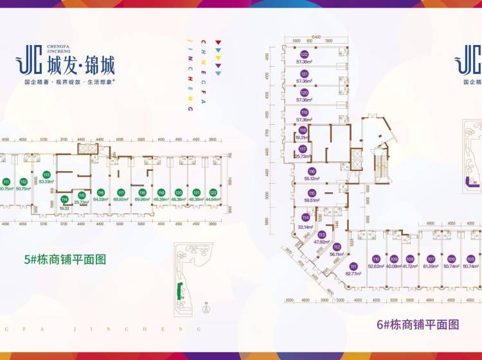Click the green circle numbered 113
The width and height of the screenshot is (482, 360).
pos(46,174)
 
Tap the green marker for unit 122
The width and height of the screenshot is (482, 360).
pos(213,192)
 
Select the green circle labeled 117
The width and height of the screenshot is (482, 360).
pos(120,192)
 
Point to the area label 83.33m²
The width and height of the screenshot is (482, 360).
pos(46,181)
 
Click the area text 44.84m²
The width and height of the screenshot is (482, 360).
pos(213,199)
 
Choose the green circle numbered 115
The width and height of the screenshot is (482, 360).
pos(82,195)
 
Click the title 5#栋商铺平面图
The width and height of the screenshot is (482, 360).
pos(64,260)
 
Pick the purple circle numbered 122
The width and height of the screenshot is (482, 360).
pos(304,54)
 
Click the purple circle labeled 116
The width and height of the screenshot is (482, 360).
pos(312,172)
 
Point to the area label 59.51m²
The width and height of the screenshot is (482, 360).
pos(312,200)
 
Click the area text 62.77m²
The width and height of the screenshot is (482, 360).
pos(353,274)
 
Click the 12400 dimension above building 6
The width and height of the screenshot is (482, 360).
pos(316,37)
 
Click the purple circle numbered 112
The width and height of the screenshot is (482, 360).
pos(337,246)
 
